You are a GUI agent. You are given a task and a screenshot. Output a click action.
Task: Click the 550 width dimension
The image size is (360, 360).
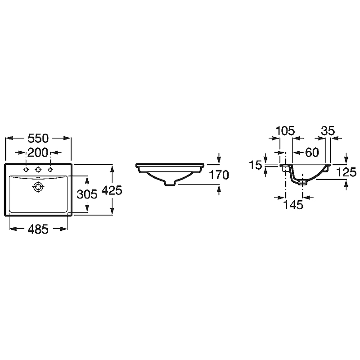(38, 138)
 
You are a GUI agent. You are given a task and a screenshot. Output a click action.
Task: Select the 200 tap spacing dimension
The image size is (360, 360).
(38, 153)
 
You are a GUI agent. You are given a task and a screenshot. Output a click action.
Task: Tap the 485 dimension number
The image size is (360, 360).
(38, 229)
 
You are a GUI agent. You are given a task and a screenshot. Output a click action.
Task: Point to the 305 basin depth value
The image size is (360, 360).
(87, 194)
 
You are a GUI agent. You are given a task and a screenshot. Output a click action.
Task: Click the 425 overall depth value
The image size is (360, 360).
(112, 190)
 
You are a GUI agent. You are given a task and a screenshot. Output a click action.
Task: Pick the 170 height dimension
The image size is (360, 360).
(219, 175)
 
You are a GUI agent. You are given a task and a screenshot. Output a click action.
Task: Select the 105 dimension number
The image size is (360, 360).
(285, 131)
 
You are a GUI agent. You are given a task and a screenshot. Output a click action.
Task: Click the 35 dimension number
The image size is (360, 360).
(328, 131)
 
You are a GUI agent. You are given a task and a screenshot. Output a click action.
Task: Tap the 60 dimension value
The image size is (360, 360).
(312, 153)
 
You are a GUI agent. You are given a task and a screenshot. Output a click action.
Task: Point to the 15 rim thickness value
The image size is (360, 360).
(256, 165)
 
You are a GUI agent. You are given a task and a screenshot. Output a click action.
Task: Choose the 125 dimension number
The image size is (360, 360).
(346, 172)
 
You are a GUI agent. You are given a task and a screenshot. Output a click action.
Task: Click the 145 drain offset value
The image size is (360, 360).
(293, 205)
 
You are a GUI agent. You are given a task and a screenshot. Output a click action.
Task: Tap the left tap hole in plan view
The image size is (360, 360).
(26, 170)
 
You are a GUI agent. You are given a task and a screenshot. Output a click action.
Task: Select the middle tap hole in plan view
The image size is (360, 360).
(38, 170)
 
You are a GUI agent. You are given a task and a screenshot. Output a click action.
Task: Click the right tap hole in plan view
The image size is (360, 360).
(50, 170)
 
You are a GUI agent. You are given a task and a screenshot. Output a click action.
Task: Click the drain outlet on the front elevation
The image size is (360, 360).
(170, 183)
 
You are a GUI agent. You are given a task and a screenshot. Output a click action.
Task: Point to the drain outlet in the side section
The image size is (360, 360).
(302, 183)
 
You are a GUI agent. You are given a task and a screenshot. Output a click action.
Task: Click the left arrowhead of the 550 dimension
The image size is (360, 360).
(9, 138)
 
